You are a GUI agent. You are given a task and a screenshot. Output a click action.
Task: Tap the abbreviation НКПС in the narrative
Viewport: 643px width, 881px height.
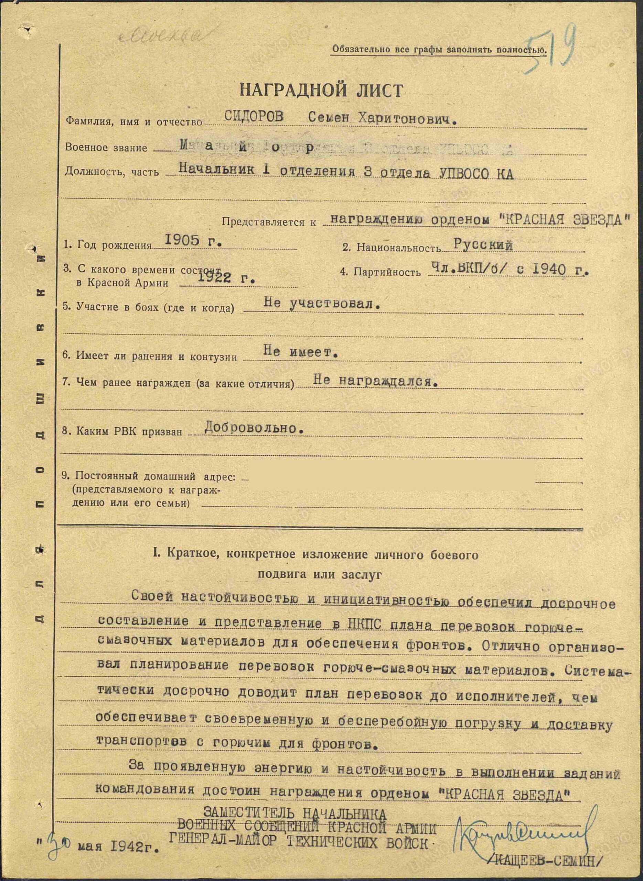coord(363,623)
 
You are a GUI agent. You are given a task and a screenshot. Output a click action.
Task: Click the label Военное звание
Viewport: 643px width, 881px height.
coord(106,148)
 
